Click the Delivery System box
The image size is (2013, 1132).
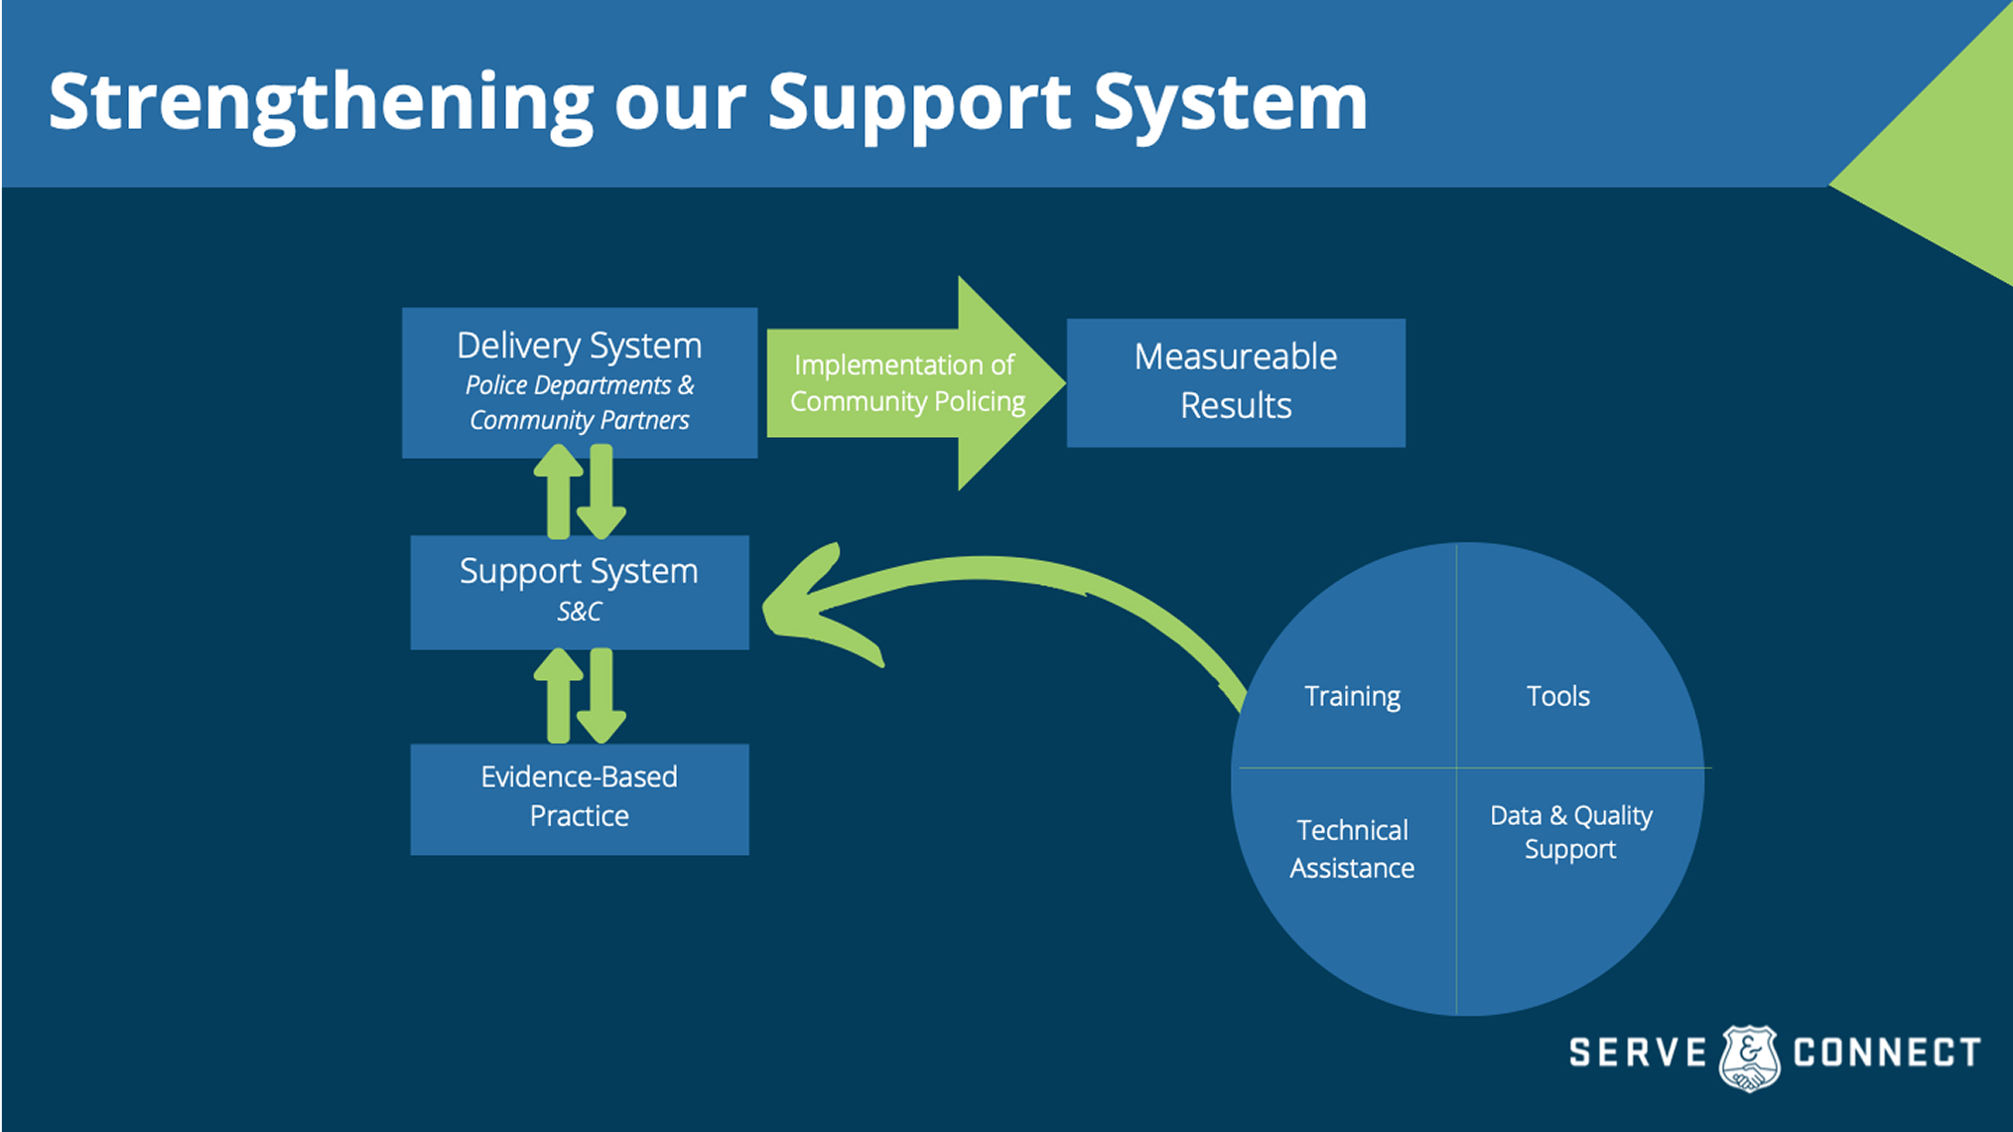(580, 382)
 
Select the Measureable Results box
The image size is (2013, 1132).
(1236, 382)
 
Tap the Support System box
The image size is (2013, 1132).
(580, 593)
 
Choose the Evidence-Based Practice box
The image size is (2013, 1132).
(580, 799)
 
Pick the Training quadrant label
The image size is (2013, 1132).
(1352, 697)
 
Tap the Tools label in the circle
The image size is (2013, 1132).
(1558, 696)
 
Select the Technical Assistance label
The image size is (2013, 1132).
(1352, 849)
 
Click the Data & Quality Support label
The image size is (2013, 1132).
(1571, 832)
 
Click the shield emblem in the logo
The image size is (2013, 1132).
(1749, 1059)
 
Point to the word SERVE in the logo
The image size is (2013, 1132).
(1638, 1053)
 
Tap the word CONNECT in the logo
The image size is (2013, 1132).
(1887, 1053)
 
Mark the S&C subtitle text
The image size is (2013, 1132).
(580, 612)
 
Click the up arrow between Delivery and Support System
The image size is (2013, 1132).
(559, 492)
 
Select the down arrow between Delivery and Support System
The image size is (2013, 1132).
(602, 492)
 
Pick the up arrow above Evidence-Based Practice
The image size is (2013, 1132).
(559, 696)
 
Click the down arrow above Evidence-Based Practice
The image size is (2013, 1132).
(602, 696)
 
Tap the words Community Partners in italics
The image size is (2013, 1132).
(580, 421)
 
